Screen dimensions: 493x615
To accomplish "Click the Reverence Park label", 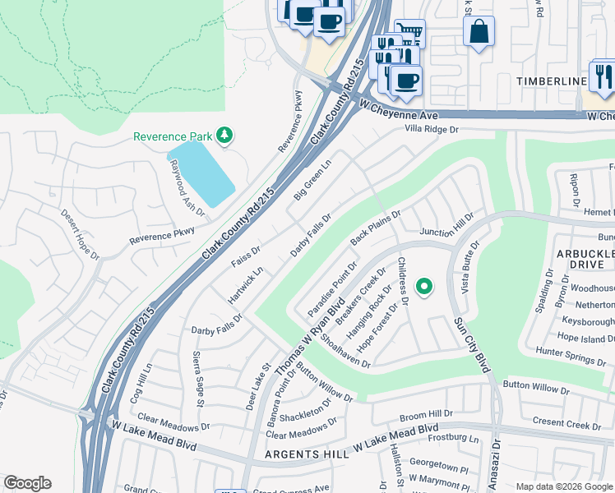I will (x=173, y=136).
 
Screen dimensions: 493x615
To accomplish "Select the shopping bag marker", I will (x=479, y=33).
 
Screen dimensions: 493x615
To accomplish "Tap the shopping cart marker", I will (x=409, y=33).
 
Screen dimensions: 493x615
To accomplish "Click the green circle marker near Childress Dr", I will (x=424, y=286).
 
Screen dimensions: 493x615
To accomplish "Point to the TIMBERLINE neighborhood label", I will (x=551, y=81).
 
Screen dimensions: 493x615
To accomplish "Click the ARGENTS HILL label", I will (x=303, y=454).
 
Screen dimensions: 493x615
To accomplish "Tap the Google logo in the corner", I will (x=27, y=482).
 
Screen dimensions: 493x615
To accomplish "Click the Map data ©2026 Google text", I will (x=563, y=486).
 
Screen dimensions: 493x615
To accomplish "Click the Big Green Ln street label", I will (x=312, y=179).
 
